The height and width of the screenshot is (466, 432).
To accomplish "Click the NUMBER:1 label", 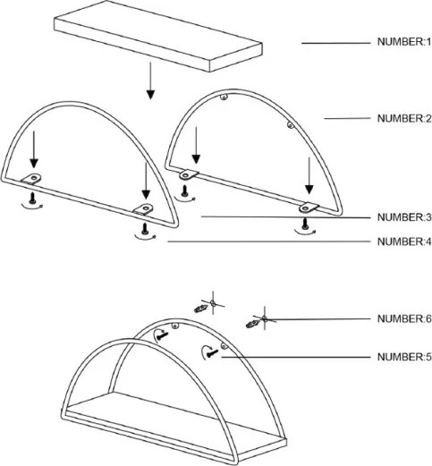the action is click(x=404, y=42).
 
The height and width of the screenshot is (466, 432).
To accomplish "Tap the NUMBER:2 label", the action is click(x=404, y=118).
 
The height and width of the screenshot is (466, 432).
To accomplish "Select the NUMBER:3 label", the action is click(x=404, y=217).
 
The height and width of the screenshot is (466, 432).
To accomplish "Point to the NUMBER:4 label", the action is click(x=404, y=241).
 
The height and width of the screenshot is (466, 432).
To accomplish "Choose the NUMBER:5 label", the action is click(x=404, y=357).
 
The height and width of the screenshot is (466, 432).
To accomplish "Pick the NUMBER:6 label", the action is click(x=404, y=318).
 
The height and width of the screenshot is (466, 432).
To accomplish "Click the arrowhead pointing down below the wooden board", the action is click(x=150, y=94).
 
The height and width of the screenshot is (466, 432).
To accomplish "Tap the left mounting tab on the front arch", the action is click(x=32, y=178).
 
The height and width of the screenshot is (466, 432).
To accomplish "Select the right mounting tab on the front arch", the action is click(x=144, y=209).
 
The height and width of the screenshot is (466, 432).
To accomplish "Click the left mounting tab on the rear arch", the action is click(x=189, y=174).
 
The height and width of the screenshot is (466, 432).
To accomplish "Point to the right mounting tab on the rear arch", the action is click(x=309, y=208).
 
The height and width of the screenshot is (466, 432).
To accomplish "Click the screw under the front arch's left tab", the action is click(x=32, y=199).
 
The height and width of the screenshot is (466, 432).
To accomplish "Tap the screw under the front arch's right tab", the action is click(x=145, y=230).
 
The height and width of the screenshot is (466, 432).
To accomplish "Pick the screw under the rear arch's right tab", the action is click(x=305, y=225).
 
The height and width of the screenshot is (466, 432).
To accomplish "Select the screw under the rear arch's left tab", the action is click(x=184, y=191).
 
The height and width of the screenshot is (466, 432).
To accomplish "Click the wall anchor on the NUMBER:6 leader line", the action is click(x=252, y=323).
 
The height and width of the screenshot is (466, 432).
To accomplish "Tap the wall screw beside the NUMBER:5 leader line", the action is click(x=213, y=353).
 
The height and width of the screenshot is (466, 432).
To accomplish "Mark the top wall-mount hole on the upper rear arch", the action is click(x=224, y=97).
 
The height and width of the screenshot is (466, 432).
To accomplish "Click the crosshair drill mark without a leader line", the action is click(x=213, y=303).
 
